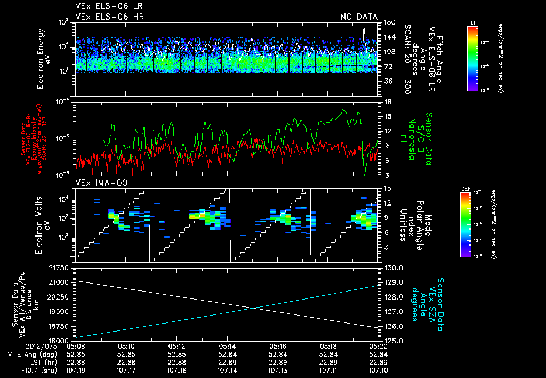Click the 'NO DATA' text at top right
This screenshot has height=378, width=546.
tap(358, 17)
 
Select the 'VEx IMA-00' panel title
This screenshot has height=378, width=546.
tap(97, 183)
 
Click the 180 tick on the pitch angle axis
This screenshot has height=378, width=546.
tap(389, 22)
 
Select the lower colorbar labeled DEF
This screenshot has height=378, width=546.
tap(464, 224)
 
